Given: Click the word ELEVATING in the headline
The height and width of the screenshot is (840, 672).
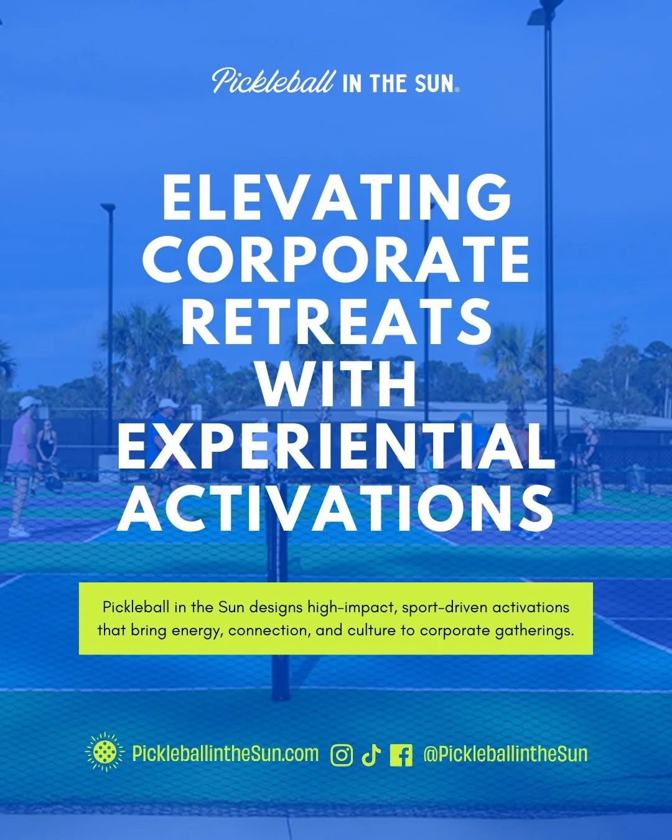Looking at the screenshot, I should tap(336, 197).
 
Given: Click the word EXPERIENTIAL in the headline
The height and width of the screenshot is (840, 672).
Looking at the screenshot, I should tap(336, 446).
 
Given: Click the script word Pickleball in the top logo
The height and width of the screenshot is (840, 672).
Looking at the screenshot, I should tap(273, 82).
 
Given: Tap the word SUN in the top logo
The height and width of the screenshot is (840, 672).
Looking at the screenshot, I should tap(434, 84).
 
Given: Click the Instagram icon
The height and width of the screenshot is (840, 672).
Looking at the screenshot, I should tap(342, 755).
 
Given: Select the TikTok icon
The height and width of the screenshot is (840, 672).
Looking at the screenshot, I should tap(371, 755).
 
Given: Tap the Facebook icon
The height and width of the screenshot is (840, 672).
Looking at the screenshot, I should tap(401, 755).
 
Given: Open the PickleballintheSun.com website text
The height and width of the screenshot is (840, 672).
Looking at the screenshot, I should tap(225, 754).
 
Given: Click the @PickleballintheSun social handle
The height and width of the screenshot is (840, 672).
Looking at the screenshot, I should tap(505, 754).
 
